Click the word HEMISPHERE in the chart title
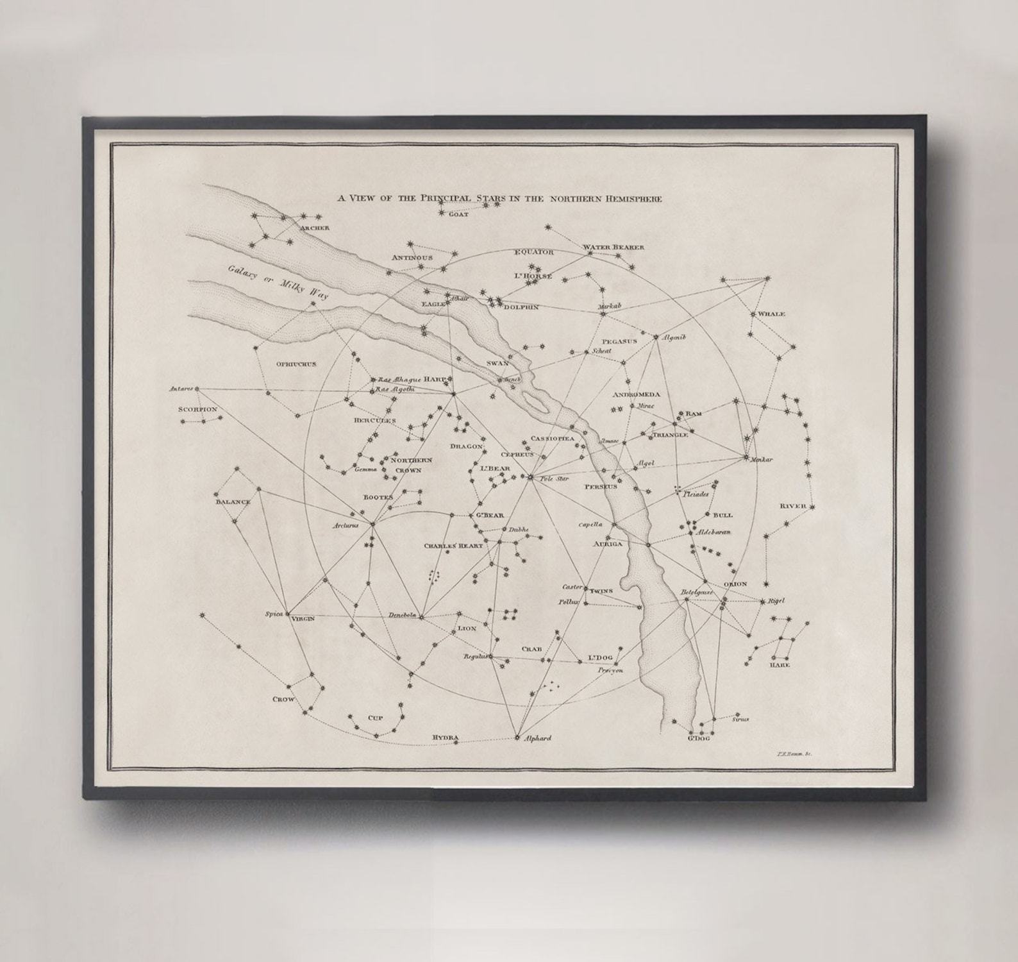[x=631, y=199]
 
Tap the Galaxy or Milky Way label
[x=278, y=283]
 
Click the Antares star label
[x=181, y=389]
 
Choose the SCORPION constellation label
[x=198, y=409]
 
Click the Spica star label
[x=274, y=614]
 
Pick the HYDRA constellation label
[x=446, y=738]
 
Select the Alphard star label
[x=538, y=738]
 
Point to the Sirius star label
[x=739, y=719]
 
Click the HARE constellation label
[x=780, y=665]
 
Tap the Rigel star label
[x=776, y=602]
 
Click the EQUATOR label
[x=533, y=252]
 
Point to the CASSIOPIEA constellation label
[x=552, y=439]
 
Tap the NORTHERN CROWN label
[x=410, y=465]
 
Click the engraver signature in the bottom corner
[x=793, y=757]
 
